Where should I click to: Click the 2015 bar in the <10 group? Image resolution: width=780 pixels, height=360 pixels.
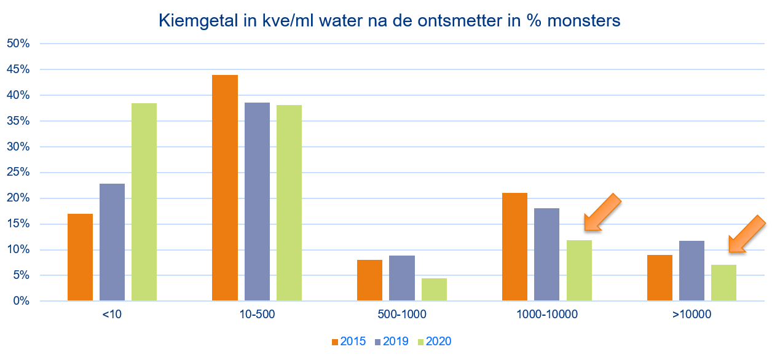(x=80, y=257)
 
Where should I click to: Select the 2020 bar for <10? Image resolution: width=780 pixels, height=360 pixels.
(x=144, y=202)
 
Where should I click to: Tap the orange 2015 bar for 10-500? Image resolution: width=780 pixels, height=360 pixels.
(x=225, y=188)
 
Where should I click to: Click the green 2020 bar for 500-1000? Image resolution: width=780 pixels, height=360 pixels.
(x=434, y=289)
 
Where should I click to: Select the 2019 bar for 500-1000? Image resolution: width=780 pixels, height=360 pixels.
(x=402, y=278)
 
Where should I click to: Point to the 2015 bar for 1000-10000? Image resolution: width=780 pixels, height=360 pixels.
(x=514, y=247)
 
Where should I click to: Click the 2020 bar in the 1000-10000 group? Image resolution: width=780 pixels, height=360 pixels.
(x=578, y=270)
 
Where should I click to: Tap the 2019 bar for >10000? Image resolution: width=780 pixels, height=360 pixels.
(x=691, y=271)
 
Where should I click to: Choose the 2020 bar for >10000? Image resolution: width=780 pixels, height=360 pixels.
(x=723, y=283)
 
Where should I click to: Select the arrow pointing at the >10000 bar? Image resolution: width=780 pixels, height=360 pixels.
(x=747, y=235)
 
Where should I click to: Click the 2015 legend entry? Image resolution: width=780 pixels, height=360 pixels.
(x=349, y=342)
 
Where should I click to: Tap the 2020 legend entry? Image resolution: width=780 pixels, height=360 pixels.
(x=434, y=342)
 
